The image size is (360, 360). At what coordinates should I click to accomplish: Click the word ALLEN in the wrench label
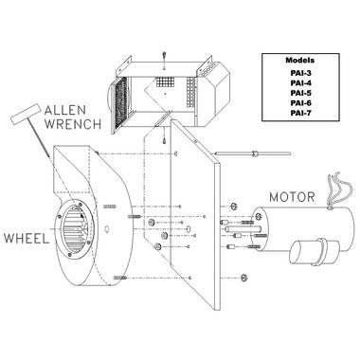65,110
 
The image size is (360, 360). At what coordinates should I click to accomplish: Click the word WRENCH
73,123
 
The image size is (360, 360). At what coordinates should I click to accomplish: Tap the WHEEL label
27,238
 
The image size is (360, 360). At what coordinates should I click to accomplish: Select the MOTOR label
292,197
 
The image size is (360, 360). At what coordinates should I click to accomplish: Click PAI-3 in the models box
300,73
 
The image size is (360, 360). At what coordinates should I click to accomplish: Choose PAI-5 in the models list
300,93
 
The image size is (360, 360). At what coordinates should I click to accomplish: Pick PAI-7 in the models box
300,113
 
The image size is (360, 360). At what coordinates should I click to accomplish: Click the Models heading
300,60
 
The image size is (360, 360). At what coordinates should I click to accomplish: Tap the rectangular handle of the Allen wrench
26,115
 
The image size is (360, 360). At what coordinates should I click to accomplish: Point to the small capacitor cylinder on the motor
315,251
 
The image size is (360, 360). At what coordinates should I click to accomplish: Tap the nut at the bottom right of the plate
243,278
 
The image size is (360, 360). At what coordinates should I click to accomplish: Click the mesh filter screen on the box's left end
120,103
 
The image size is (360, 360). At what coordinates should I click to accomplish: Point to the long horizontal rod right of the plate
253,153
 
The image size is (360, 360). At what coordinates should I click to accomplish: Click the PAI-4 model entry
300,83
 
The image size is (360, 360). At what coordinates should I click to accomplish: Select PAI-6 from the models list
300,103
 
